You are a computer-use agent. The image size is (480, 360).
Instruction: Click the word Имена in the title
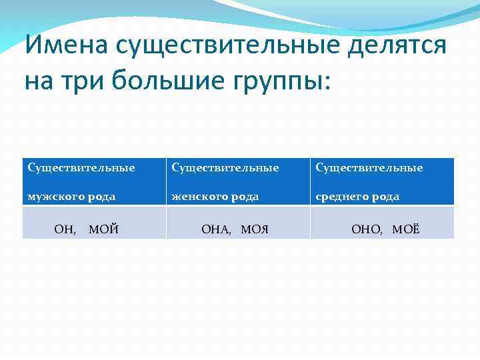tap(66, 47)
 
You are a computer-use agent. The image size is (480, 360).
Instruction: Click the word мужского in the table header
tap(57, 197)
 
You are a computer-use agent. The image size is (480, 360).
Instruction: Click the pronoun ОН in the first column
tap(64, 230)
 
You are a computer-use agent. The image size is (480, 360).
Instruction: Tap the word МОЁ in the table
tap(406, 230)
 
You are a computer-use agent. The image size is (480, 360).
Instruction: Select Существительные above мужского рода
tap(81, 168)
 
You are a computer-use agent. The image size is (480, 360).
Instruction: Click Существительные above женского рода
tap(225, 168)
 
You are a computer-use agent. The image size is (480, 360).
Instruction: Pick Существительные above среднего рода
tap(369, 168)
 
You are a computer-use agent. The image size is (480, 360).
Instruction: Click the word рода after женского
tap(245, 197)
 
